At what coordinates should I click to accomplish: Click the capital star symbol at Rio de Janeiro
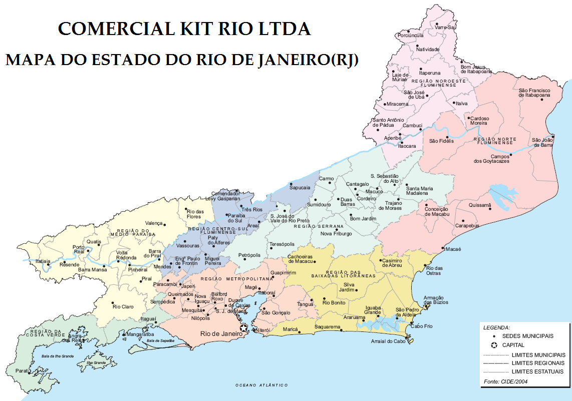244,328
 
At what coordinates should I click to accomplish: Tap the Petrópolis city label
249,255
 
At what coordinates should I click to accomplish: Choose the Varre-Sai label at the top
445,28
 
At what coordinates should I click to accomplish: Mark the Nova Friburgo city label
336,233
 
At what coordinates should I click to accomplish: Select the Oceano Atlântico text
261,385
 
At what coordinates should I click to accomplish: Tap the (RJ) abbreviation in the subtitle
342,60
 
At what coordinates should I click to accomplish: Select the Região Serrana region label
326,226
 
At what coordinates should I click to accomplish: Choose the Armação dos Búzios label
436,300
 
